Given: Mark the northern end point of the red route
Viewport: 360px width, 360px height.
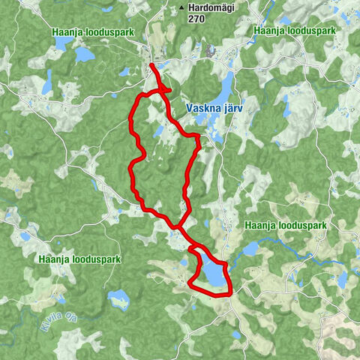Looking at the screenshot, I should (151, 66).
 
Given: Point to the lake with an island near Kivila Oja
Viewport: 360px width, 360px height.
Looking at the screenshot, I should (119, 300).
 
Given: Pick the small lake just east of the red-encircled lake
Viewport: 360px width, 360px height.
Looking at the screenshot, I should (250, 247).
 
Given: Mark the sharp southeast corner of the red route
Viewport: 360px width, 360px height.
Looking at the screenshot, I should (230, 292).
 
